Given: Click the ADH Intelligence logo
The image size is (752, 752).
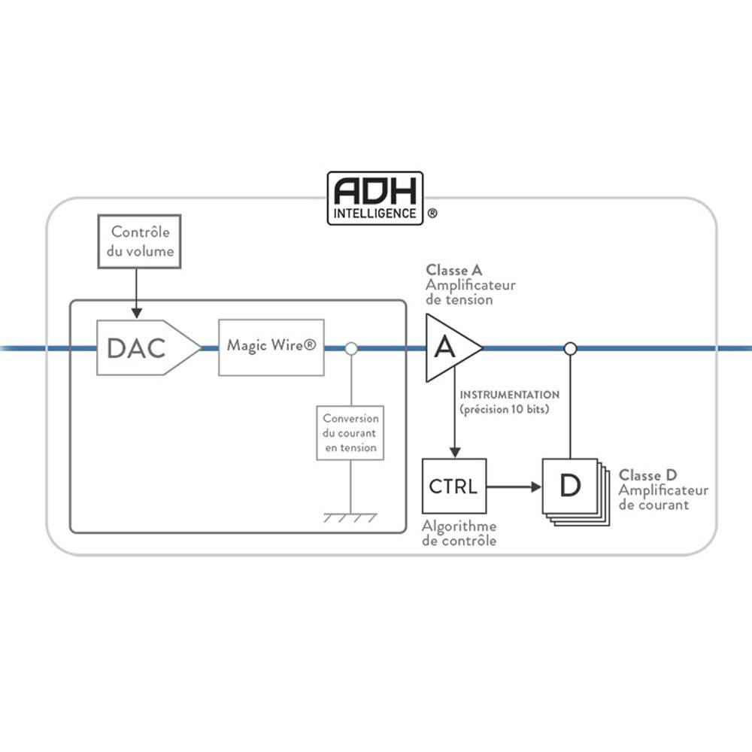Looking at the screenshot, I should tap(375, 198).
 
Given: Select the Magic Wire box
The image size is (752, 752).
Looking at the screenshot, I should tap(271, 347).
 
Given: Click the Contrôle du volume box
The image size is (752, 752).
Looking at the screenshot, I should tap(141, 241).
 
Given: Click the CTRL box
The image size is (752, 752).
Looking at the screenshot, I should tap(453, 486).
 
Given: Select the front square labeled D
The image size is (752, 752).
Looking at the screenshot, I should tap(570, 486).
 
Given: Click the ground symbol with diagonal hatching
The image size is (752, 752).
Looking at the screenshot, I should tap(350, 517).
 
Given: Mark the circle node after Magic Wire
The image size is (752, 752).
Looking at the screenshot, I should tap(350, 348).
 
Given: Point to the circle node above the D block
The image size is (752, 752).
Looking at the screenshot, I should tap(571, 348).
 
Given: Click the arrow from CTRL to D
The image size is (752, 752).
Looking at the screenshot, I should tap(514, 487).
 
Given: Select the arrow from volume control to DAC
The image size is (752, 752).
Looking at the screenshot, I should tap(136, 293).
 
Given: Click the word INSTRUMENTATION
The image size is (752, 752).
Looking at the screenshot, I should tap(510, 395).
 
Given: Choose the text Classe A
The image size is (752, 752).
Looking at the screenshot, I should tap(453, 270).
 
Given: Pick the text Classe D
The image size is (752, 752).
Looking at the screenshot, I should tap(647, 475).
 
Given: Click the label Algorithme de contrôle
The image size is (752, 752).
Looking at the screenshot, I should tap(459, 533).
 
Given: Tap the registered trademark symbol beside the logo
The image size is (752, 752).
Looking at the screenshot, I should tap(432, 214).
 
